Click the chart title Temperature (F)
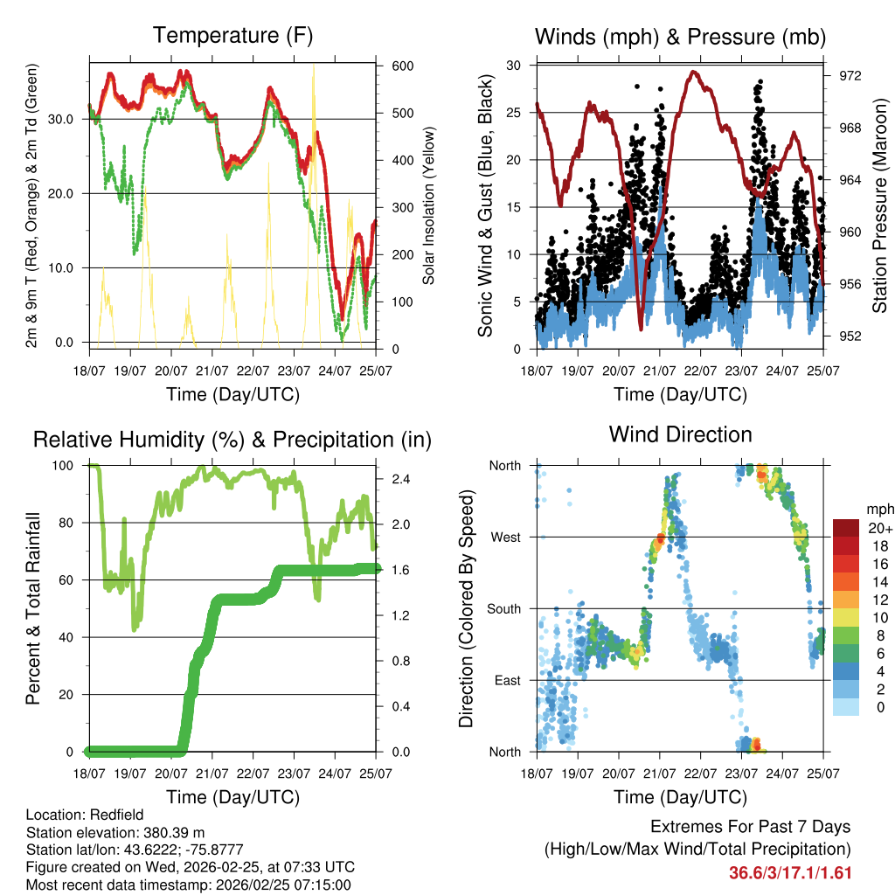click(x=232, y=36)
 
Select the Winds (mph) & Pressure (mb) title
click(x=680, y=37)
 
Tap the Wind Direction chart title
click(x=680, y=434)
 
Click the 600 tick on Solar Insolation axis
click(x=402, y=66)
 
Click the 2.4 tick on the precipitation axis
click(x=401, y=480)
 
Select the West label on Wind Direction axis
click(x=506, y=537)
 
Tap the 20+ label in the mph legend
click(x=880, y=528)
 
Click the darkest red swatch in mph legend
click(x=846, y=528)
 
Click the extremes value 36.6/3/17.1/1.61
click(x=790, y=872)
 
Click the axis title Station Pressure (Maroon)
click(x=879, y=206)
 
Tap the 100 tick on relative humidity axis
click(x=74, y=466)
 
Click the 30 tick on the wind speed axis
click(x=514, y=66)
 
